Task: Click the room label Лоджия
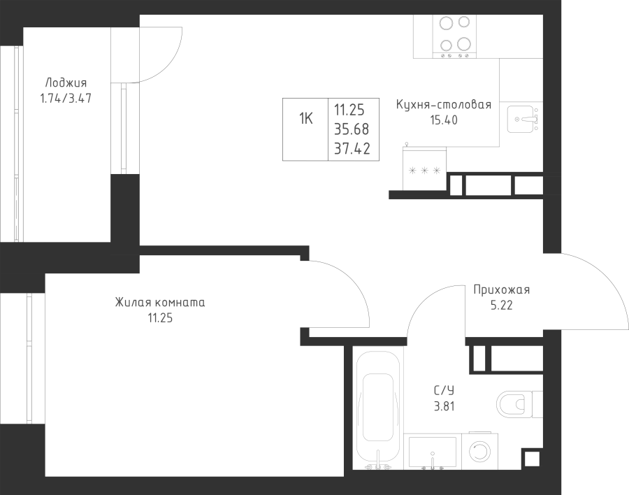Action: tap(66, 83)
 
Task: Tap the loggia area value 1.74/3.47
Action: tap(66, 99)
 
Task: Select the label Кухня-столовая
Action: tap(444, 104)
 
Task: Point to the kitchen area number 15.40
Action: tap(444, 120)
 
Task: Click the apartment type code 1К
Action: tap(305, 118)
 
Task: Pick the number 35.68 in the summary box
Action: tap(352, 129)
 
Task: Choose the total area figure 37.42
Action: tap(352, 149)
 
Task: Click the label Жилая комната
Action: tap(160, 302)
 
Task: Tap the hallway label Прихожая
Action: tap(501, 289)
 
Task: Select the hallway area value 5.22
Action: tap(501, 306)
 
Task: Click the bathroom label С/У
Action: tap(444, 390)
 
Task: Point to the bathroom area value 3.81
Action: tap(444, 406)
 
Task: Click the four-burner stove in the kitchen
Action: tap(454, 36)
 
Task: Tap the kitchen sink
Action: tap(523, 120)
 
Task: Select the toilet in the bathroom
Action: tap(519, 404)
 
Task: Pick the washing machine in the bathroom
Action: tap(479, 451)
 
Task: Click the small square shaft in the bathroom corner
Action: tap(533, 459)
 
